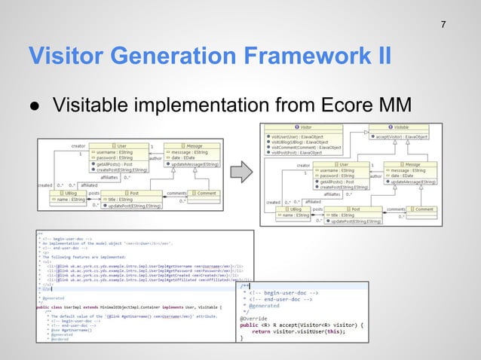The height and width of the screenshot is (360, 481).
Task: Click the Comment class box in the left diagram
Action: coord(204,194)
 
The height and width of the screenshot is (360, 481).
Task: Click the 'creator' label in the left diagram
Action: coord(78,145)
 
